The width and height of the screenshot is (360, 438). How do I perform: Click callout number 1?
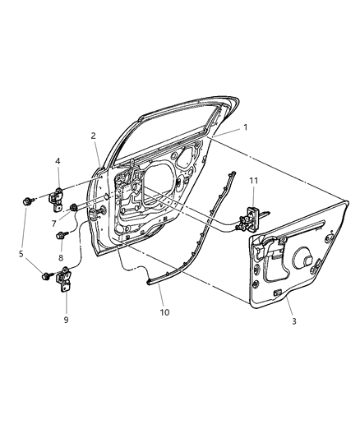(x=244, y=128)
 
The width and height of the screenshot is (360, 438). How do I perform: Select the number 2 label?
(x=94, y=136)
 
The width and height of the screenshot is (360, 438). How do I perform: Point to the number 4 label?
(x=58, y=162)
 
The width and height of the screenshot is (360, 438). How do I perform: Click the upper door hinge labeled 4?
(x=60, y=198)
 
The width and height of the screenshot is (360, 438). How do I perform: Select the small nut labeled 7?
(x=74, y=208)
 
